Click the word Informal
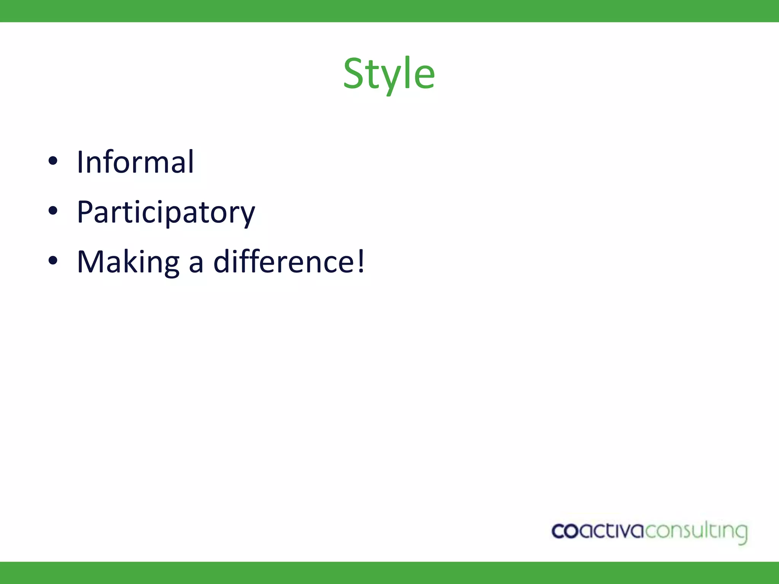(x=135, y=162)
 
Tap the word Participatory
(x=166, y=212)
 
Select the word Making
(x=128, y=262)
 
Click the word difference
(x=284, y=262)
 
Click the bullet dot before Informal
(x=53, y=161)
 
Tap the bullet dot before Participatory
(x=53, y=211)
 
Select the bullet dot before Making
(x=53, y=260)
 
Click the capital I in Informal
(x=80, y=162)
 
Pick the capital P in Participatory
(x=85, y=211)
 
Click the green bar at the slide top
(x=389, y=11)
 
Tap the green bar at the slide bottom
(x=389, y=573)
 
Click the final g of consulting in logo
(x=741, y=533)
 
